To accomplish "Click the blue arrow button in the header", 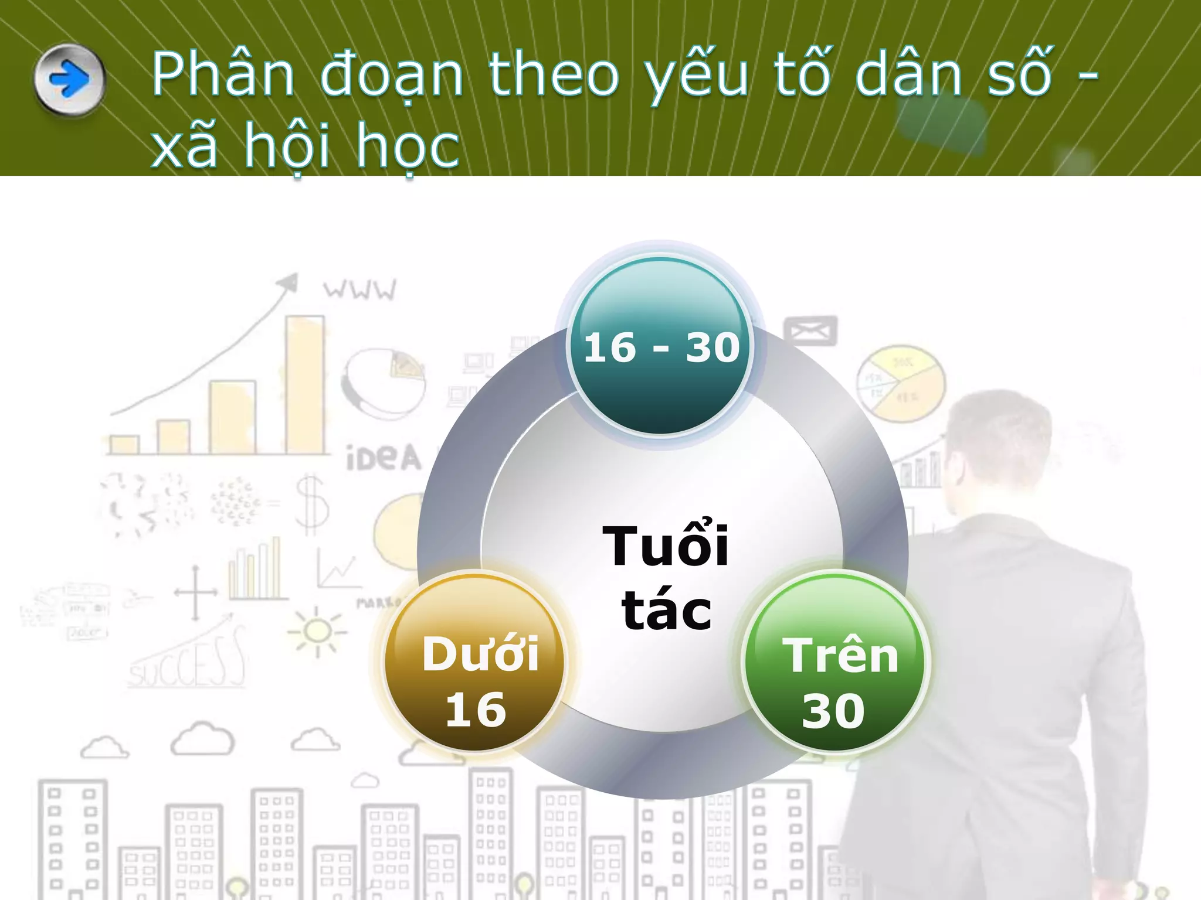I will coord(70,79).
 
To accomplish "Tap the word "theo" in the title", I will coord(554,74).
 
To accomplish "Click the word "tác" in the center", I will coord(667,611).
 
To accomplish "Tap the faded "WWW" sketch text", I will coord(360,289).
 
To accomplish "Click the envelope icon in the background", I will coord(810,332).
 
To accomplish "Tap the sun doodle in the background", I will coord(317,632).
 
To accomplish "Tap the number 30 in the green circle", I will coord(833,711).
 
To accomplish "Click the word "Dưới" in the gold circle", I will coord(480,654).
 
